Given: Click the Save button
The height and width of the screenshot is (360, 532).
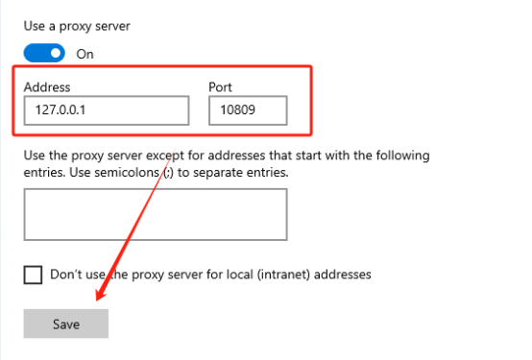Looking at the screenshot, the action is coord(66,324).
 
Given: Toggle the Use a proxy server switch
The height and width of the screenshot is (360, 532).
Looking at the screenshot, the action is coord(44,53).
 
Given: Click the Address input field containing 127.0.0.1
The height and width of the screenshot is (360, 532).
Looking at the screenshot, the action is coord(107,110).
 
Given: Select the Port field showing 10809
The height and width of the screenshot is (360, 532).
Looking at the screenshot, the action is coord(248,110).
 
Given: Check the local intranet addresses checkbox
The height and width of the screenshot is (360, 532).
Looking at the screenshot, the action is coord(33,275).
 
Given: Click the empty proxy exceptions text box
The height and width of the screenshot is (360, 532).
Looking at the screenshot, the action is coord(156,214).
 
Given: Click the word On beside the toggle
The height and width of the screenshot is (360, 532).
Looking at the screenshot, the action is coord(85,54).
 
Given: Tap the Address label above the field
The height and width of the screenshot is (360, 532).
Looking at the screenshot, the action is coord(47,87).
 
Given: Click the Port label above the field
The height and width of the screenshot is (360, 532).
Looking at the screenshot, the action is coord(220,87).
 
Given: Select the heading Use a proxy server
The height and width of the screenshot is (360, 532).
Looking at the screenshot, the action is coord(77,26).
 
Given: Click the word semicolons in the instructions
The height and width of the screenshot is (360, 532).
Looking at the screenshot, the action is coord(127,173).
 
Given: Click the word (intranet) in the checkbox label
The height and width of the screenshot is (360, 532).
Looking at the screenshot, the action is coord(283,275).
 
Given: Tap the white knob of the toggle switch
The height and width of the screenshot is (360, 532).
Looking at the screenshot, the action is coord(56,53).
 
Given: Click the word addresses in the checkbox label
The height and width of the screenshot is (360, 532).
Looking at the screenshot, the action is coord(342,275).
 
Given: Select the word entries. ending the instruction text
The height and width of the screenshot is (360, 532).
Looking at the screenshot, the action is coord(267,173).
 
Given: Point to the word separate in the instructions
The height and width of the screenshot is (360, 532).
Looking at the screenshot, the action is coord(218,173).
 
